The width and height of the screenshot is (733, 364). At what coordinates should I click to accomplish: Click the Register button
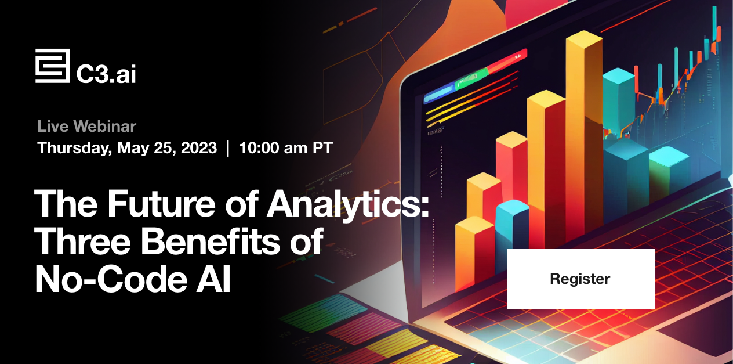580,279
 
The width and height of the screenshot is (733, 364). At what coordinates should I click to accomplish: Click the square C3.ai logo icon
52,66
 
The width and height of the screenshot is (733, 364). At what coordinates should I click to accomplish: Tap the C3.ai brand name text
106,74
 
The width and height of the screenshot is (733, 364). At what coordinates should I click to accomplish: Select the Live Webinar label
86,126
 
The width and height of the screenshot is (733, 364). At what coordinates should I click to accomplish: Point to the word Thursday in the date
73,148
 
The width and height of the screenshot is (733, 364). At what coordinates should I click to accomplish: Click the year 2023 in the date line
198,148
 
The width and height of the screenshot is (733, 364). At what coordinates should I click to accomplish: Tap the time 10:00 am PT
286,148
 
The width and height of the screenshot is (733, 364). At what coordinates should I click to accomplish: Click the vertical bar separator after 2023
227,148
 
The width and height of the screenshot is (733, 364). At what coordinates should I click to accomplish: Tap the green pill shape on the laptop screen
471,78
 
